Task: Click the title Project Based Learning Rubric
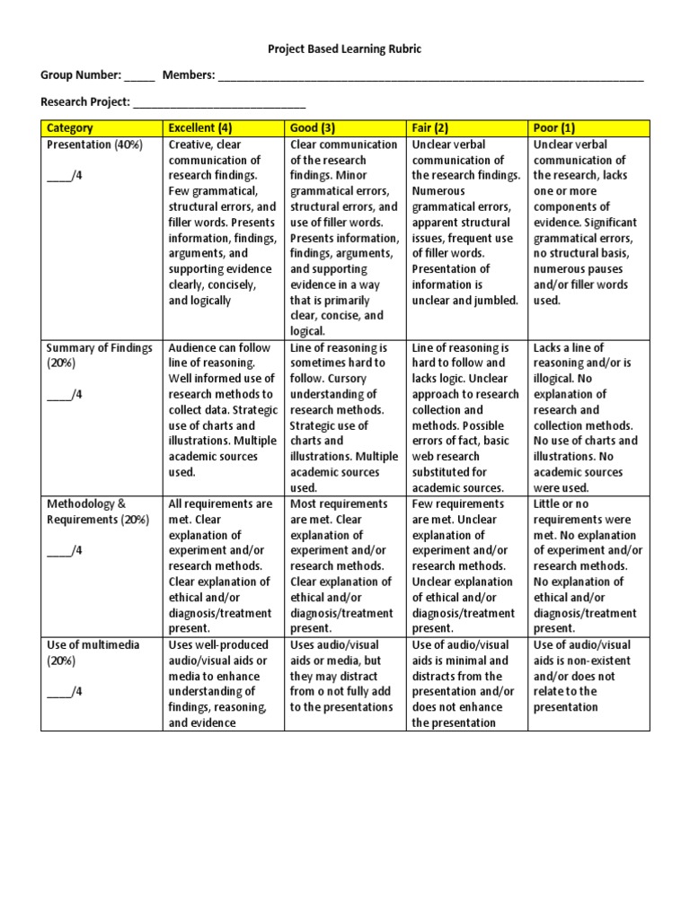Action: [x=344, y=49]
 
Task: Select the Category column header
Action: [x=70, y=128]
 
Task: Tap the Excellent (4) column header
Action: [x=199, y=128]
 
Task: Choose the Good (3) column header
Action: [x=313, y=128]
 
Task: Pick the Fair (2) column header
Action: [x=430, y=128]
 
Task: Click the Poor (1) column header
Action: [x=554, y=128]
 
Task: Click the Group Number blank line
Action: [x=139, y=78]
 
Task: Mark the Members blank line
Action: [x=431, y=78]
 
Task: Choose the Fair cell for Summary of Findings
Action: [x=465, y=417]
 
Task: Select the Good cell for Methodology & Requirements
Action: [x=343, y=565]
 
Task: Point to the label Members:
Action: [x=188, y=75]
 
